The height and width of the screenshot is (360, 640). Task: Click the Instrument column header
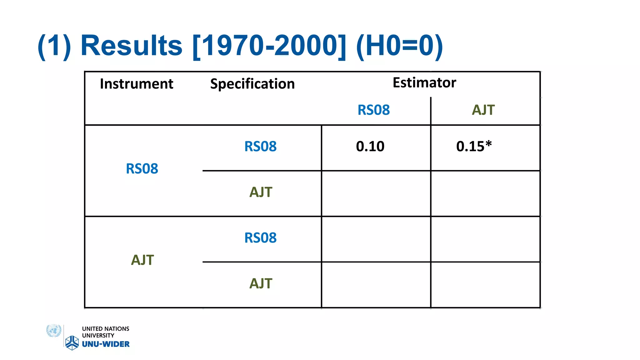coord(137,84)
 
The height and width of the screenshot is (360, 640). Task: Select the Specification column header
coord(252,84)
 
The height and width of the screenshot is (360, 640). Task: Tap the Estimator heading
coord(424,82)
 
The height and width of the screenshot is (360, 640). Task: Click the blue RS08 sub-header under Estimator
coord(373,110)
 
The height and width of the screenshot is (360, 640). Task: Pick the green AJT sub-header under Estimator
coord(483,110)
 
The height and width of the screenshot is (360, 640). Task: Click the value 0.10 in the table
coord(370,146)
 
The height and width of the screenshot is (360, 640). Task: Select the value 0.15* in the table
coord(474,146)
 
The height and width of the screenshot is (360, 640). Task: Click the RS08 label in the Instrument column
coord(142,169)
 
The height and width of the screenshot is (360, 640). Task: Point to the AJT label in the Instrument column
coord(142,260)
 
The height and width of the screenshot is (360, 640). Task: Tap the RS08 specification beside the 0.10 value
coord(260,146)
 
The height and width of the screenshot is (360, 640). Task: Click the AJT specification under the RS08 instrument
coord(261,192)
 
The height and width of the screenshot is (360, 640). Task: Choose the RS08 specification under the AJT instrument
coord(260,238)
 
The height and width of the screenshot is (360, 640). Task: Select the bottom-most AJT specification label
coord(261,283)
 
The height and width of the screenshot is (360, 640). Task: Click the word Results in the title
coord(132,46)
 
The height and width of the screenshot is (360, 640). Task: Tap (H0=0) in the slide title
coord(399,46)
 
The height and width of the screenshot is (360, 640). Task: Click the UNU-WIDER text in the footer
coord(106,344)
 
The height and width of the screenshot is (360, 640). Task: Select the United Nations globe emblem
coord(54,331)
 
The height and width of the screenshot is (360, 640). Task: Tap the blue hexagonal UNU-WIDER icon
coord(72,343)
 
